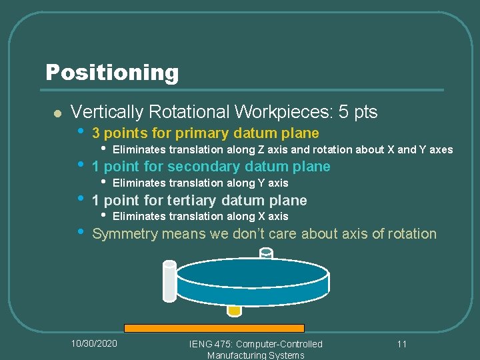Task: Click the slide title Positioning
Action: [x=112, y=72]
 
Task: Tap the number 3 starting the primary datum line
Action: [x=96, y=133]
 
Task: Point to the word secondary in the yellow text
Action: [x=204, y=167]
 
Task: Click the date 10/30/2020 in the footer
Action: [x=94, y=343]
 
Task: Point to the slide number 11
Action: [x=401, y=343]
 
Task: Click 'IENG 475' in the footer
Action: [x=208, y=343]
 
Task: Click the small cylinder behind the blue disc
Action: [x=266, y=253]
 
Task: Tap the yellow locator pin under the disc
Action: [x=234, y=310]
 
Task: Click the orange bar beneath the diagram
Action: [x=214, y=328]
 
